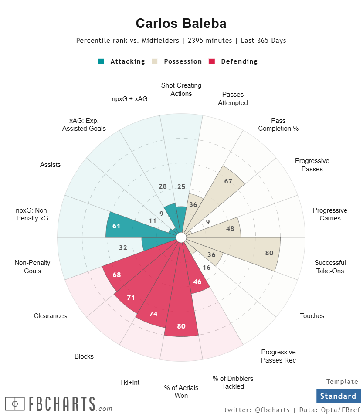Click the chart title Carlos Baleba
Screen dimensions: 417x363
point(181,24)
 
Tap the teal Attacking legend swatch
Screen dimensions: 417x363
point(102,61)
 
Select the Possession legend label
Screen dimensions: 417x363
point(183,61)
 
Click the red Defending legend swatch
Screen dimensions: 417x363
point(212,61)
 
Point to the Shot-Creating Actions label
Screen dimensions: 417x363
point(181,89)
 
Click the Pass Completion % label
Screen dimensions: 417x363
point(278,125)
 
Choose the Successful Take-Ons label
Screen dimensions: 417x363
point(330,267)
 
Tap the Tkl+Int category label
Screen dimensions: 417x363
point(130,383)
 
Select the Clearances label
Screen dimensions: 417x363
point(51,316)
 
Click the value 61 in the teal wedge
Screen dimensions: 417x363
point(116,226)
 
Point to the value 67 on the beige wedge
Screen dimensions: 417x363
point(228,181)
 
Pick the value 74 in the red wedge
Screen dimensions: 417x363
point(153,314)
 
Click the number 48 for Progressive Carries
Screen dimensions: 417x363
point(231,228)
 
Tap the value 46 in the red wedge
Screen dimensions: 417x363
point(197,282)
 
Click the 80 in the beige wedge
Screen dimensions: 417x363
point(269,253)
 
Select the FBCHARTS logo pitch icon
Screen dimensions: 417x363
point(15,404)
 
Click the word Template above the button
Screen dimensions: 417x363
point(342,382)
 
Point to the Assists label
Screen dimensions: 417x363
point(51,165)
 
